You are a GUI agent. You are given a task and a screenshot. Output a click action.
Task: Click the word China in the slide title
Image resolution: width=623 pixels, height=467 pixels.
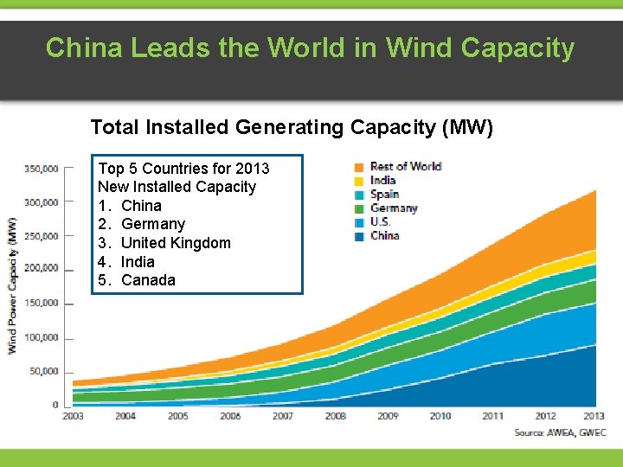pos(80,48)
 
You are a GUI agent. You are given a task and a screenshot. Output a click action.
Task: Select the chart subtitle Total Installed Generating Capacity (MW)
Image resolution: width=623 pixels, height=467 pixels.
pos(292,128)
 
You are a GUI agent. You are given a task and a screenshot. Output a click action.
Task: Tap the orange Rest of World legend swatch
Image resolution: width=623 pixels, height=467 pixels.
pos(358,167)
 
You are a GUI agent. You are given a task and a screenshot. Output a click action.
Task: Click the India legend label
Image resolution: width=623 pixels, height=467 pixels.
pos(382,181)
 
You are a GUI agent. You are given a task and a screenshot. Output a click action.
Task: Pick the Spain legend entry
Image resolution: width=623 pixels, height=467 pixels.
pos(384,195)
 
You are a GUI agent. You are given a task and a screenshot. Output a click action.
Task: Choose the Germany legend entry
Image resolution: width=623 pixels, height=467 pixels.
pos(394,208)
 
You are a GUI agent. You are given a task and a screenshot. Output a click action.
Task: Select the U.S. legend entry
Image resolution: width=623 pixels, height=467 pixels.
pos(380,222)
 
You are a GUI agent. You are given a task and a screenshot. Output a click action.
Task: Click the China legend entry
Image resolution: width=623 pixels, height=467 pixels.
pos(384,236)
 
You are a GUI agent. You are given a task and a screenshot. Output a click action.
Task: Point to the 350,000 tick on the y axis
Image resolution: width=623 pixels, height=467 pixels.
pos(41,169)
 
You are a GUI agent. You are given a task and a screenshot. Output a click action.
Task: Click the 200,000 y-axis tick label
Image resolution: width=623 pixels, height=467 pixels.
pos(41,269)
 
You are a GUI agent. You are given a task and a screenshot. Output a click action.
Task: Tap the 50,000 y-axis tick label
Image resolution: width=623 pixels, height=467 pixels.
pos(43,372)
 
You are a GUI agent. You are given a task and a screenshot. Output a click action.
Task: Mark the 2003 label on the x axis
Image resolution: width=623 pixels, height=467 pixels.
pos(74,416)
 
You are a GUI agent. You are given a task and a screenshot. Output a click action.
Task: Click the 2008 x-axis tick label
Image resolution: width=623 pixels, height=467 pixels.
pos(335,416)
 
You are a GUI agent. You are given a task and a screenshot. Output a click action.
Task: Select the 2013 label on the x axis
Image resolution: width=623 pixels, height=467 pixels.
pos(594,416)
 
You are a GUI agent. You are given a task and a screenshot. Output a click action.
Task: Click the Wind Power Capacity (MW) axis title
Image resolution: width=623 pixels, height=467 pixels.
pos(13,285)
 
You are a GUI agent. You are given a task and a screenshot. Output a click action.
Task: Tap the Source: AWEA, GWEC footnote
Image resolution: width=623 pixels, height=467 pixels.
pos(560,432)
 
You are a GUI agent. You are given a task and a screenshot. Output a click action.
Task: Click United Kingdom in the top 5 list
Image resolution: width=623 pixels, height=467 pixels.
pos(176,243)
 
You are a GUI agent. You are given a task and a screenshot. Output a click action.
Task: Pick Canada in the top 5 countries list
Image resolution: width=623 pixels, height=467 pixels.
pos(148,280)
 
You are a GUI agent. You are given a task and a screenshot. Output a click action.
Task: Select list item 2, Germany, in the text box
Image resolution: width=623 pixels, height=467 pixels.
pos(153,224)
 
